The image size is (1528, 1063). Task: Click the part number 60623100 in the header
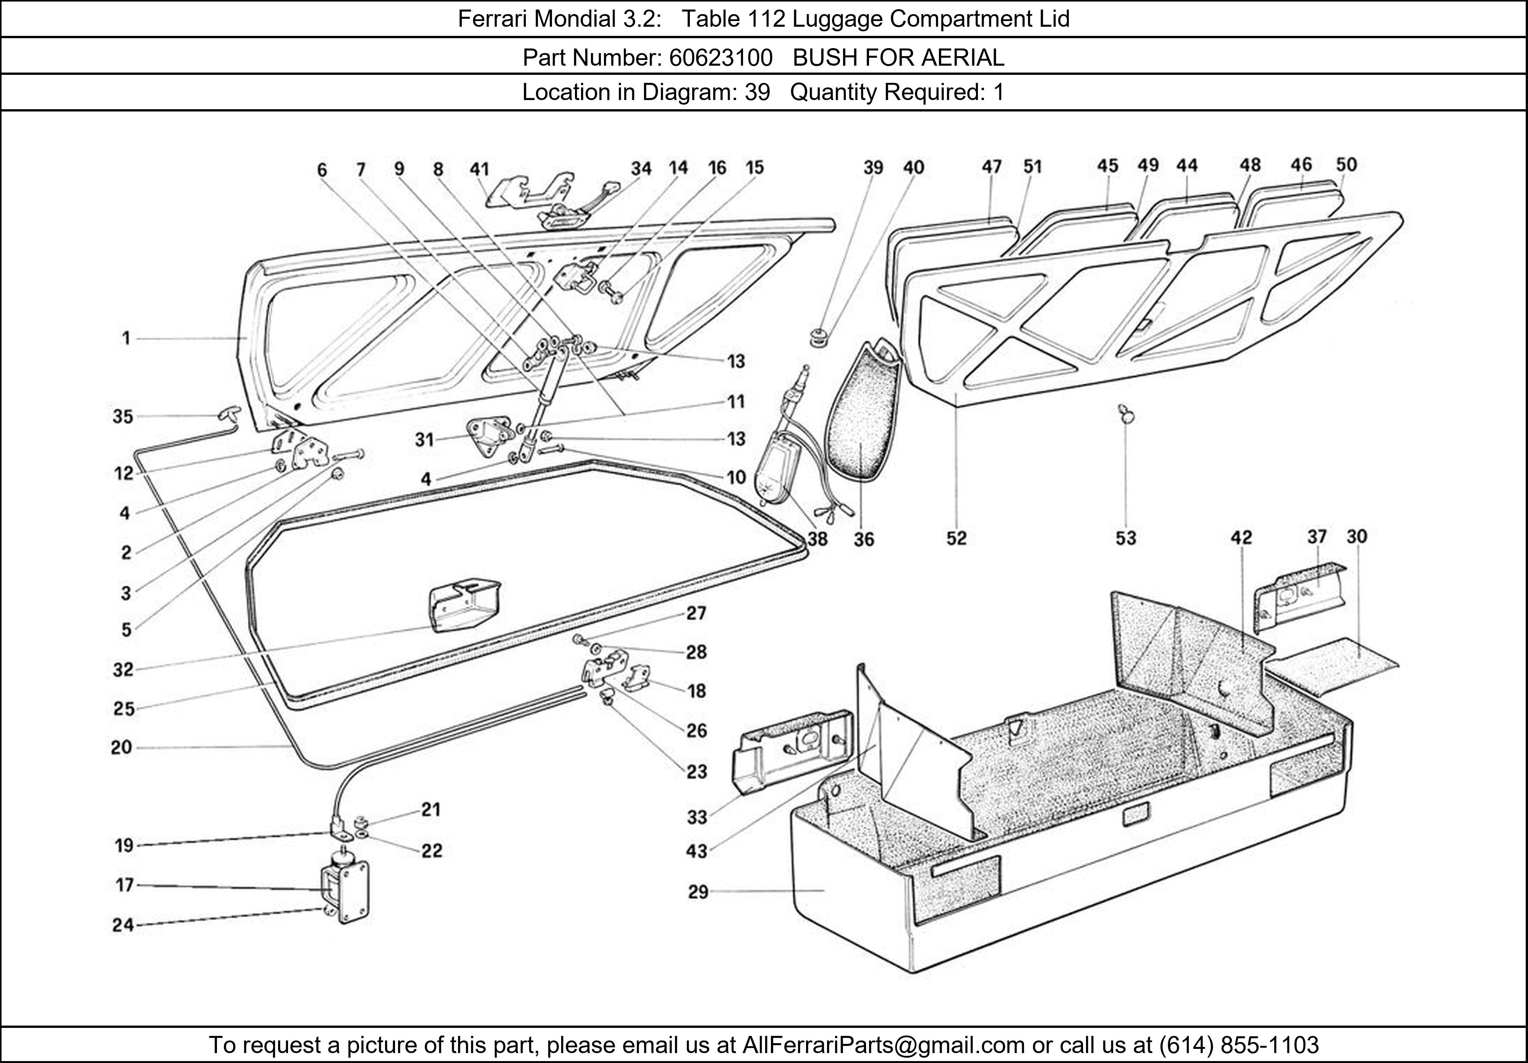720,58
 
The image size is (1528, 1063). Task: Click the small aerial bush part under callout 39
816,334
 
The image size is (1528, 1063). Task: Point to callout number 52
956,538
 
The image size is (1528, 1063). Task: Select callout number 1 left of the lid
126,339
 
